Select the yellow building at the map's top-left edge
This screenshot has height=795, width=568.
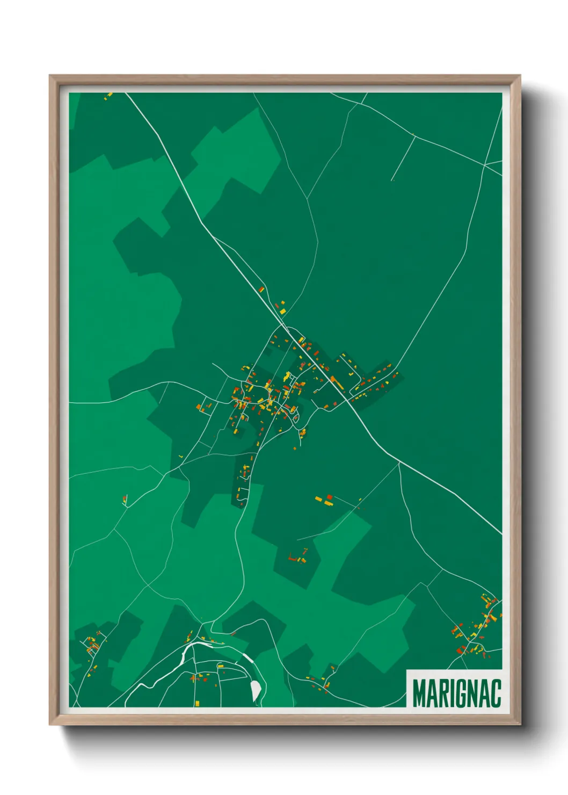[108, 96]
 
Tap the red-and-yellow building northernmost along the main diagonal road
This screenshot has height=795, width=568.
[261, 290]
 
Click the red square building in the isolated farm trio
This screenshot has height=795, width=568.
[330, 497]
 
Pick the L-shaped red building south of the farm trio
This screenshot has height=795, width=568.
[293, 557]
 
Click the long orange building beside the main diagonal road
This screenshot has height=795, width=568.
[336, 382]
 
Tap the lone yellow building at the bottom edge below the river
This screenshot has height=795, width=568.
[197, 703]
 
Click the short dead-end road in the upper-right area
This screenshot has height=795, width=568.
[403, 158]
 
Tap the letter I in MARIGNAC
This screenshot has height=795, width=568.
[449, 693]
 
